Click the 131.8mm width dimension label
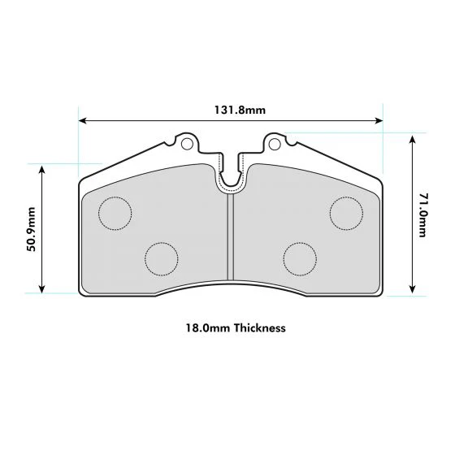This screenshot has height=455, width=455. click(230, 110)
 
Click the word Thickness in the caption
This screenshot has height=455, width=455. click(259, 329)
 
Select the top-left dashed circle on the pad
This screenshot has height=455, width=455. click(115, 213)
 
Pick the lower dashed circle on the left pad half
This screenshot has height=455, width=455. click(160, 258)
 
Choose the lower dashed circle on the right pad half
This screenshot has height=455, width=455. click(300, 258)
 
